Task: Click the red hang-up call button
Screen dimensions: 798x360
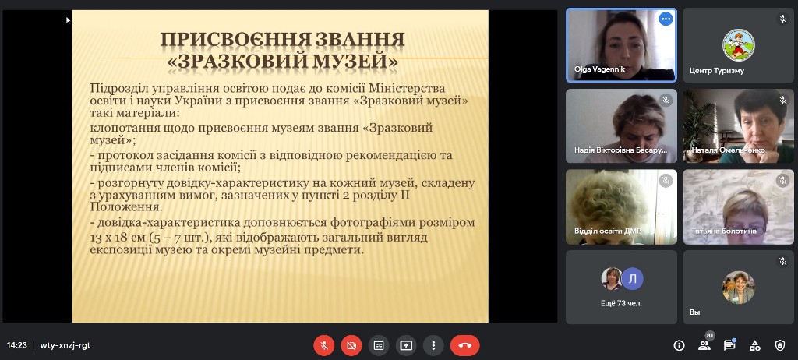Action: tap(464, 345)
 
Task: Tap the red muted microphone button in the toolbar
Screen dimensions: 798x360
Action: tap(323, 345)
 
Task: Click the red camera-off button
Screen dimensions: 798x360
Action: tap(351, 345)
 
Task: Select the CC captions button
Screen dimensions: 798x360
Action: tap(379, 345)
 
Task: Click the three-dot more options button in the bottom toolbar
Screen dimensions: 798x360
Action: tap(433, 345)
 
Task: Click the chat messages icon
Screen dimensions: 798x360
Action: tap(729, 344)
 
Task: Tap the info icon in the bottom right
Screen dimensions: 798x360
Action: tap(679, 345)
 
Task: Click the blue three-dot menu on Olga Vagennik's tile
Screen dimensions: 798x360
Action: tap(666, 19)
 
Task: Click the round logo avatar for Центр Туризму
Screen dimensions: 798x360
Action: tap(739, 45)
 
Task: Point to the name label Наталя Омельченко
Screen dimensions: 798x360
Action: tap(728, 150)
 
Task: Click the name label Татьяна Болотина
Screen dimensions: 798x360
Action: tap(724, 231)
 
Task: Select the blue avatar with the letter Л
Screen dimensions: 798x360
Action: tap(633, 278)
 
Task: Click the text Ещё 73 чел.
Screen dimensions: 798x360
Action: tap(621, 303)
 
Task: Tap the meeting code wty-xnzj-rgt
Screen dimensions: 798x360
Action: tap(65, 345)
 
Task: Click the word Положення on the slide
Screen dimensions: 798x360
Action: tap(125, 207)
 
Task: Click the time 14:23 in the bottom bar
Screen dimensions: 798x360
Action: tap(17, 345)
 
